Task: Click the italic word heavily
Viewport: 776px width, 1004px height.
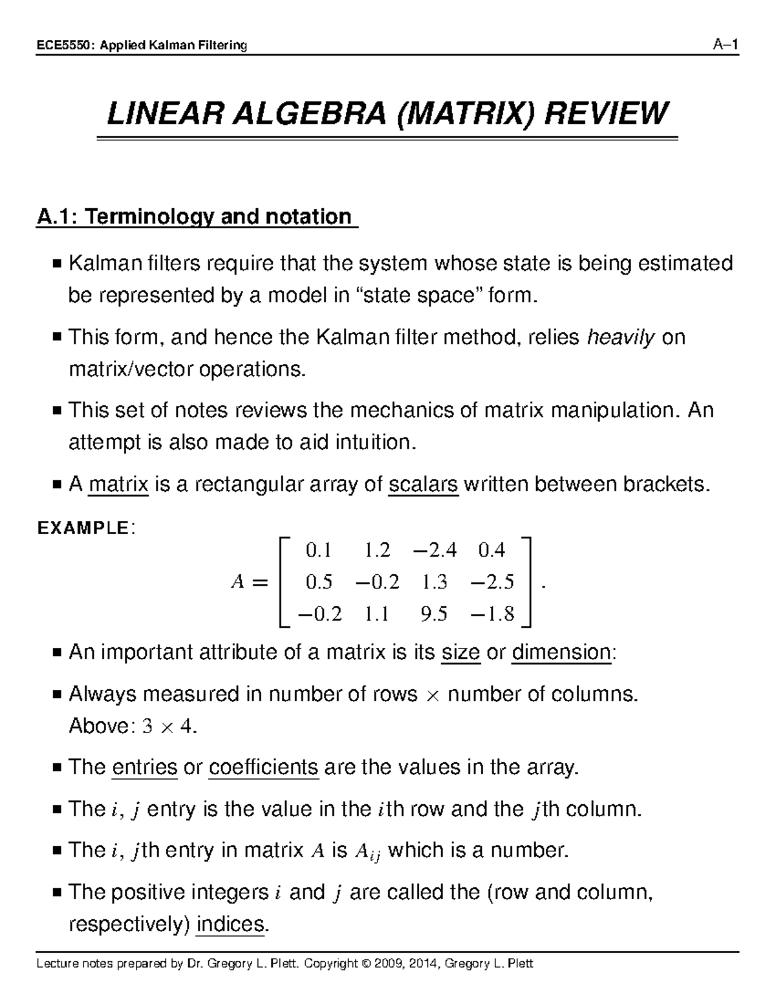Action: tap(620, 337)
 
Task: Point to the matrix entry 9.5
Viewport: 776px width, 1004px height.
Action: tap(433, 613)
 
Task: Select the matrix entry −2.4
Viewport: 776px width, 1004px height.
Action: tap(433, 550)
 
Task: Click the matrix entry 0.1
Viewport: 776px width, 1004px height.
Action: tap(318, 550)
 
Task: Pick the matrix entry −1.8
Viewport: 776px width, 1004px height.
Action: tap(493, 613)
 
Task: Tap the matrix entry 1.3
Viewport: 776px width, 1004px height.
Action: tap(434, 582)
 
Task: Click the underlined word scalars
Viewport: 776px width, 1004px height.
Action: tap(423, 484)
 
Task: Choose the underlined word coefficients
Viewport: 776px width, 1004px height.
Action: tap(264, 767)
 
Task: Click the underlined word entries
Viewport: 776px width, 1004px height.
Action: tap(144, 767)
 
